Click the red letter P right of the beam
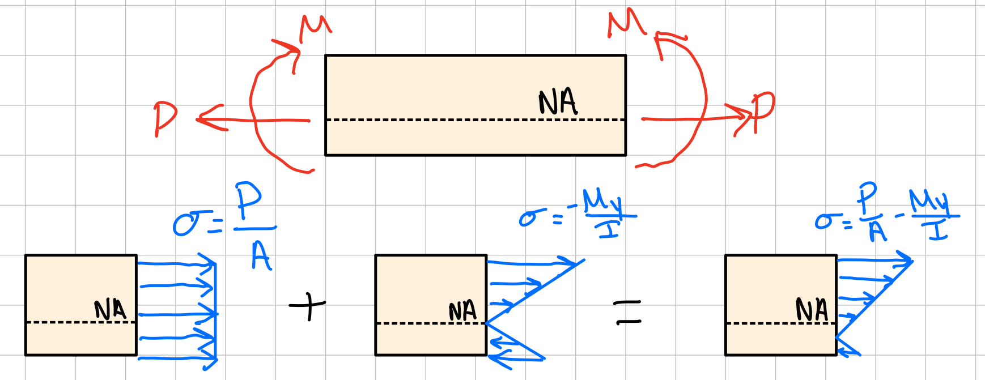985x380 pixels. point(762,111)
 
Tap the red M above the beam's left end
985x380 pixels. point(315,28)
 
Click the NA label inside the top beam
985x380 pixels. point(558,102)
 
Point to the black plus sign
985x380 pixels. point(308,306)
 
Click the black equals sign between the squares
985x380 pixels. point(627,313)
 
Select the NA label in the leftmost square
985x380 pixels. point(110,310)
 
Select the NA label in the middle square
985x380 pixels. point(462,311)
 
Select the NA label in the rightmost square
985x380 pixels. point(812,310)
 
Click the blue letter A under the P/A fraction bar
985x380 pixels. point(261,256)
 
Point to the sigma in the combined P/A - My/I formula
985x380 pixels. point(825,221)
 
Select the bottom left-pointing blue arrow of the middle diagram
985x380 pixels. point(516,358)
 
